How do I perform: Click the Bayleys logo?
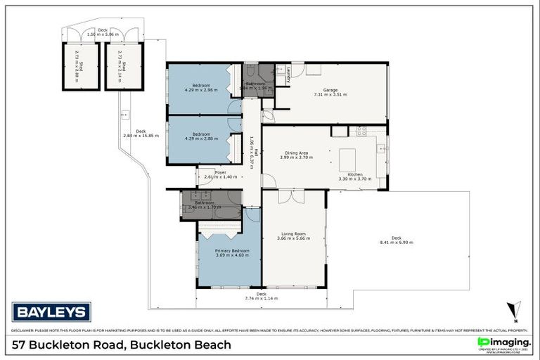point(51,311)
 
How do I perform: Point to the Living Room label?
point(293,234)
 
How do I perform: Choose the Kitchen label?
point(355,174)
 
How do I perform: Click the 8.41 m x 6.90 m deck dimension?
point(397,243)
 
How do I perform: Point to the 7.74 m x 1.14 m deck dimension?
point(261,298)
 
